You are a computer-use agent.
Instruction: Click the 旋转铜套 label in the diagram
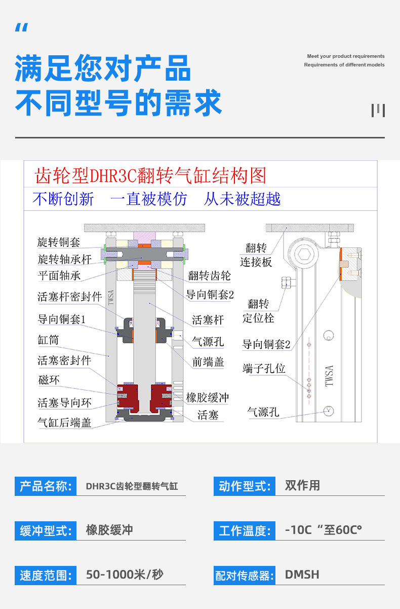point(59,242)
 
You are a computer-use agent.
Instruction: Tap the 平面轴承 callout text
point(59,276)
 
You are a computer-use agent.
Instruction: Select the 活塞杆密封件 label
point(70,297)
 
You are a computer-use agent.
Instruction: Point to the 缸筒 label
point(48,339)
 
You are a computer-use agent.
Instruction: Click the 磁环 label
point(49,380)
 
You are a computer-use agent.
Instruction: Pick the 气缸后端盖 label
point(64,422)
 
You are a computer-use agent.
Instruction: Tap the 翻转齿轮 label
point(209,275)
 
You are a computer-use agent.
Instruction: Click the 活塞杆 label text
point(208,320)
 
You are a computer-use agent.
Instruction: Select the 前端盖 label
point(208,362)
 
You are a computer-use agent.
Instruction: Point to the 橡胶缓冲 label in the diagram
point(208,397)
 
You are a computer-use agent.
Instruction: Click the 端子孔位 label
point(264,369)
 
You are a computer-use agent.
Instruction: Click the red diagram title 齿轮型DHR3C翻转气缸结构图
point(150,175)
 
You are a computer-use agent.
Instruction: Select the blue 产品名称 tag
point(46,486)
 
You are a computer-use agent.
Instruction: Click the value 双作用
point(302,486)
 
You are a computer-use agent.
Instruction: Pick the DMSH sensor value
point(302,575)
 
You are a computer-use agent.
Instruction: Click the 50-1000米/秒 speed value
point(125,575)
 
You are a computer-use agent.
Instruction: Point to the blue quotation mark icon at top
point(21,28)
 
